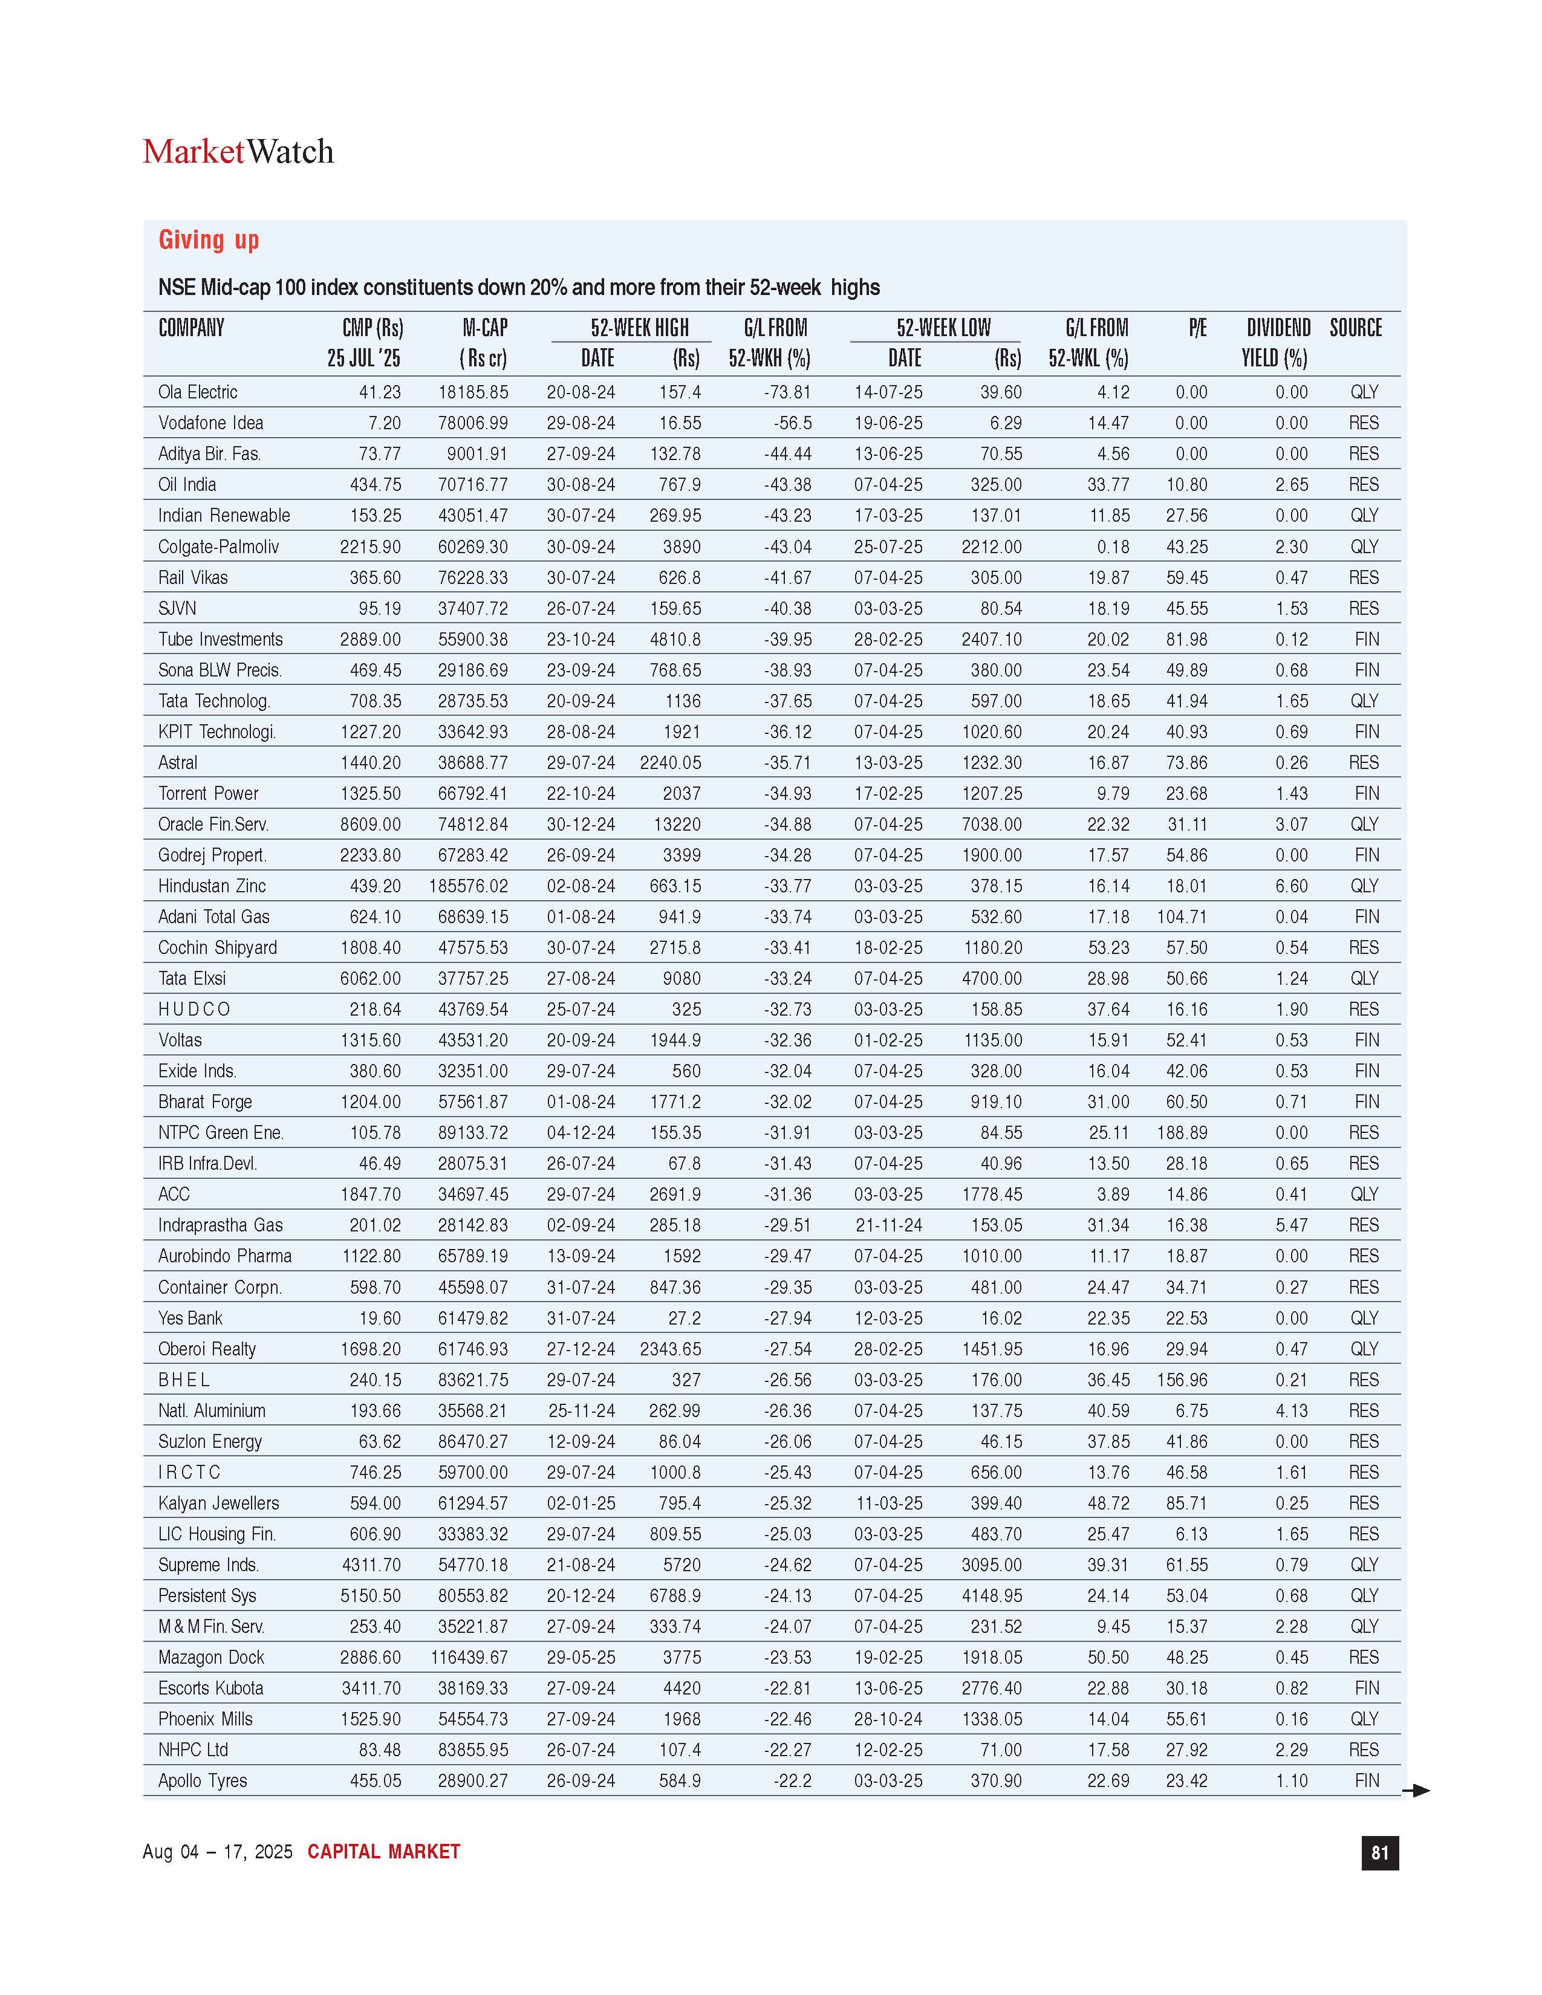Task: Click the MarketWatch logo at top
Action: pyautogui.click(x=238, y=152)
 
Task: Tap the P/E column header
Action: pyautogui.click(x=1197, y=328)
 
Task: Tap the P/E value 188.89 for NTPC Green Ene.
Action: pyautogui.click(x=1182, y=1133)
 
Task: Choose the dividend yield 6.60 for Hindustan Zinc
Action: pyautogui.click(x=1292, y=886)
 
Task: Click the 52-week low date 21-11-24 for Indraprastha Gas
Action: pyautogui.click(x=888, y=1225)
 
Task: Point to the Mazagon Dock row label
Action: pyautogui.click(x=211, y=1657)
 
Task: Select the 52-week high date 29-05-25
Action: pyautogui.click(x=581, y=1657)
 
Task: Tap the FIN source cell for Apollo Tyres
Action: pyautogui.click(x=1367, y=1780)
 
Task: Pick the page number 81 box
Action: pyautogui.click(x=1379, y=1852)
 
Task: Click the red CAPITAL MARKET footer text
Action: pyautogui.click(x=383, y=1852)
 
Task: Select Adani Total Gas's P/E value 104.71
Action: pyautogui.click(x=1182, y=916)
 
